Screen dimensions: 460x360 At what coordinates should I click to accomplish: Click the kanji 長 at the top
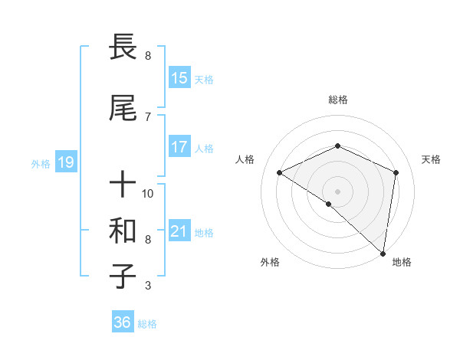tap(123, 48)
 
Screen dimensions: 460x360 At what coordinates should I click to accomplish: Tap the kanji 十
tap(123, 185)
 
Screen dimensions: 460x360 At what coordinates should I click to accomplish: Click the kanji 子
tap(123, 277)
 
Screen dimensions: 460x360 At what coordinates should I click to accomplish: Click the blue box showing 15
tap(179, 78)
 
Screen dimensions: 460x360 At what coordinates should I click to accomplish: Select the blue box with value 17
tap(179, 147)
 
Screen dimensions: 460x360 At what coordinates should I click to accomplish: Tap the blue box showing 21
tap(179, 231)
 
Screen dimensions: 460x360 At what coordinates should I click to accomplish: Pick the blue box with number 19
tap(65, 162)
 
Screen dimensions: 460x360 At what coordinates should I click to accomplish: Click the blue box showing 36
tap(123, 322)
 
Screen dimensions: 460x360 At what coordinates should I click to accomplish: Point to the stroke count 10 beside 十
tap(148, 193)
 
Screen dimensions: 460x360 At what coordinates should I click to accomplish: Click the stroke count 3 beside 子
tap(148, 286)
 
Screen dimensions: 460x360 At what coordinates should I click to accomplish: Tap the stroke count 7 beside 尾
tap(148, 116)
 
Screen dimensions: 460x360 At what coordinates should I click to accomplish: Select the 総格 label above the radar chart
tap(337, 100)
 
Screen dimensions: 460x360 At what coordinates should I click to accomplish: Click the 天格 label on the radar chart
tap(431, 159)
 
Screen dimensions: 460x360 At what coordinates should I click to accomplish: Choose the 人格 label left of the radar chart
tap(245, 159)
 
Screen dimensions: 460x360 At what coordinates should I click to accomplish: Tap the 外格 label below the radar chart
tap(270, 262)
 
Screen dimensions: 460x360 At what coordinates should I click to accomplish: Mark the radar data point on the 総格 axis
tap(337, 146)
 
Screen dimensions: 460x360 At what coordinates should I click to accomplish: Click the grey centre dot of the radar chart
tap(337, 191)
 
